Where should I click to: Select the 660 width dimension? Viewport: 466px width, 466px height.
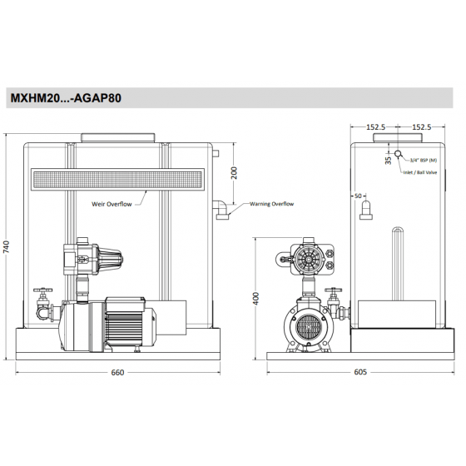117,372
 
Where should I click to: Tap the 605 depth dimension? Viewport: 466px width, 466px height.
360,372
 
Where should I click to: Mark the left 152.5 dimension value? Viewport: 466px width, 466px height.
376,127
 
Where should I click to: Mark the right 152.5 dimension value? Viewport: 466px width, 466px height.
422,127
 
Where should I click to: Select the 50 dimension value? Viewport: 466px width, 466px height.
358,196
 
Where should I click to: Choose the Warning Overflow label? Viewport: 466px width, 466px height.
272,203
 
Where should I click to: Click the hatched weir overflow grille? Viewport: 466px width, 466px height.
116,178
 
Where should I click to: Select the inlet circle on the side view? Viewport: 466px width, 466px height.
399,155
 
